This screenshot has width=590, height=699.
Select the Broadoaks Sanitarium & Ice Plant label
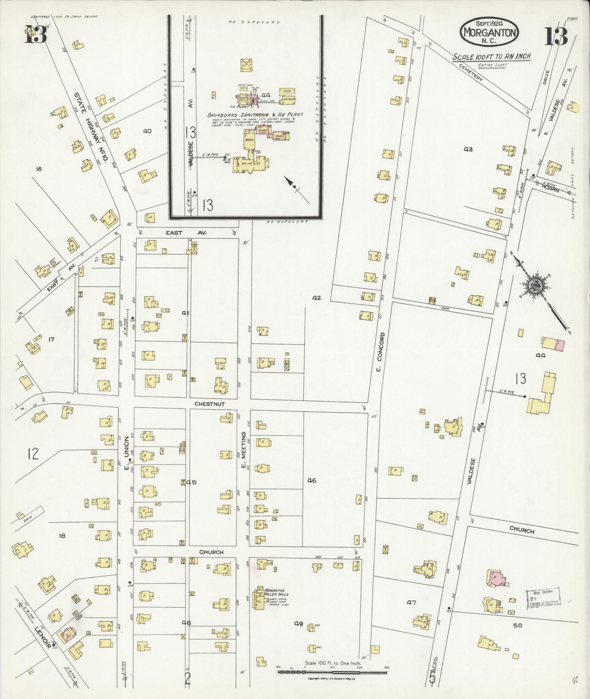[x=255, y=115]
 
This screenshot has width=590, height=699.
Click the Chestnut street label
[x=209, y=404]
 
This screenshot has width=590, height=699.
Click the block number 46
[x=312, y=481]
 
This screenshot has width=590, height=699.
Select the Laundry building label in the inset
[x=289, y=99]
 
